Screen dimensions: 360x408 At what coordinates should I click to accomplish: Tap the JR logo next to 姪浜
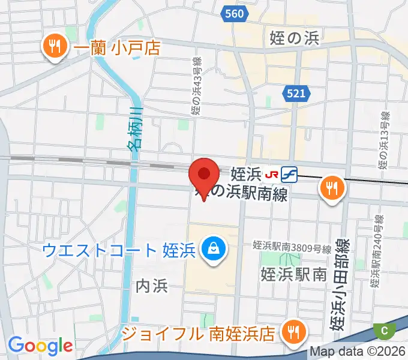272,175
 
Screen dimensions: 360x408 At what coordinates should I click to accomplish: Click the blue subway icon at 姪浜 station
289,175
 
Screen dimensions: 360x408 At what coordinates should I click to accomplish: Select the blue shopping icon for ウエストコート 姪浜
211,247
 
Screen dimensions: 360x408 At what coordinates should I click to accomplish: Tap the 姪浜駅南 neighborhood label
293,274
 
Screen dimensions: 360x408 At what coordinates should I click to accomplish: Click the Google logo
40,346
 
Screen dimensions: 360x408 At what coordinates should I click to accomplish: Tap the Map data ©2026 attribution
358,352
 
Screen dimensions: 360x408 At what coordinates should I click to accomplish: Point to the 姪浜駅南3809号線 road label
292,247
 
